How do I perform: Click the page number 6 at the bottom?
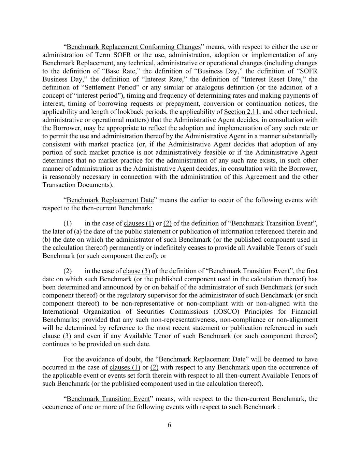[x=169, y=425]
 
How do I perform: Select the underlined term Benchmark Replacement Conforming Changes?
[x=133, y=47]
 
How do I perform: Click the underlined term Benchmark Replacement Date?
[x=110, y=200]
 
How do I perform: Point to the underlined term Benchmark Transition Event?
[x=108, y=399]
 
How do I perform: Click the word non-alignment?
[x=299, y=320]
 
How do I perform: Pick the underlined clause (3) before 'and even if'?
[x=57, y=336]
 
